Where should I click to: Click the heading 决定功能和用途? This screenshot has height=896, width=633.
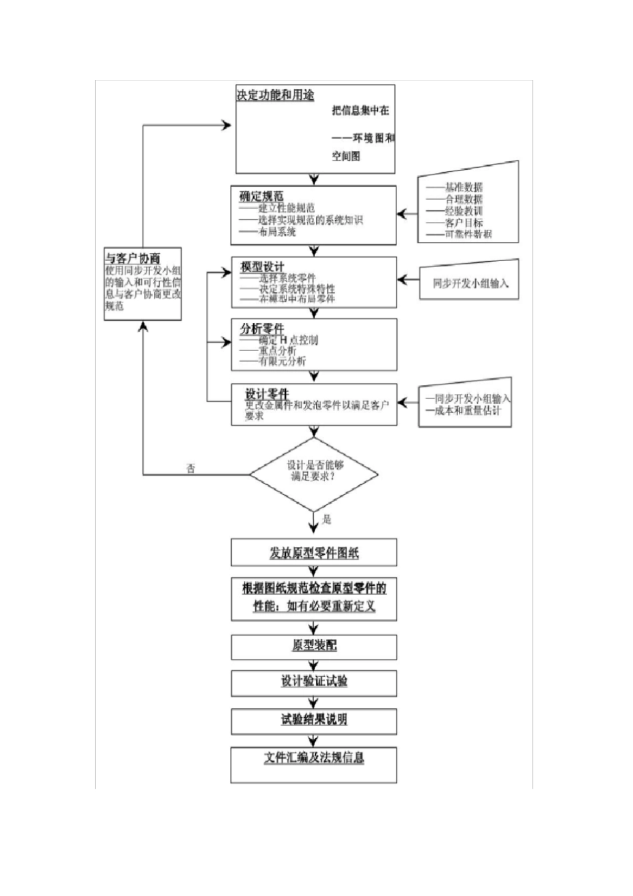pyautogui.click(x=275, y=95)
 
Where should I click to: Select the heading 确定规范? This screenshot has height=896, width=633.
pyautogui.click(x=261, y=196)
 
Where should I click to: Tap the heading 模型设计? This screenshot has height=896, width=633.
pyautogui.click(x=263, y=266)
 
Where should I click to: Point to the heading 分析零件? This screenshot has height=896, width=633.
pyautogui.click(x=262, y=328)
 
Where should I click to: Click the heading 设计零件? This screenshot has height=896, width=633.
pyautogui.click(x=267, y=394)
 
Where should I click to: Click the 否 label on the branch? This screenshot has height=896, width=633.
pyautogui.click(x=191, y=468)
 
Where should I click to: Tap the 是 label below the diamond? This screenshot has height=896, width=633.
pyautogui.click(x=326, y=519)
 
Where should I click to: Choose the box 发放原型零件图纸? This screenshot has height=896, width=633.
pyautogui.click(x=314, y=553)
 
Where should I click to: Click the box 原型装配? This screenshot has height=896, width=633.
pyautogui.click(x=314, y=646)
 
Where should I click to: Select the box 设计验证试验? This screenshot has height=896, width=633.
pyautogui.click(x=314, y=681)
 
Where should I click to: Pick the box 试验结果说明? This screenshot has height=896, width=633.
pyautogui.click(x=314, y=719)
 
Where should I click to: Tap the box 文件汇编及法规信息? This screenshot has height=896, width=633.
pyautogui.click(x=314, y=758)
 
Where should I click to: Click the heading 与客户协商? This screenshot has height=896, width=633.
pyautogui.click(x=133, y=258)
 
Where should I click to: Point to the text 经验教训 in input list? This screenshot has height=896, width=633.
pyautogui.click(x=464, y=211)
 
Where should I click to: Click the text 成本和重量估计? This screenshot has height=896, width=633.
pyautogui.click(x=467, y=410)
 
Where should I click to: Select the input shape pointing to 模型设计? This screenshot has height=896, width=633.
pyautogui.click(x=469, y=282)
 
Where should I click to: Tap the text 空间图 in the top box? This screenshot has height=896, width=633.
pyautogui.click(x=346, y=156)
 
